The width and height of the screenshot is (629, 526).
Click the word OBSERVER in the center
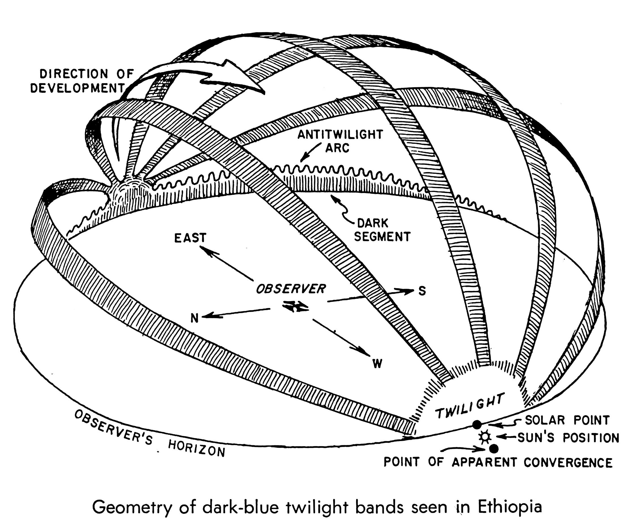[x=290, y=289]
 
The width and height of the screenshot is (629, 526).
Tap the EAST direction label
[x=191, y=238]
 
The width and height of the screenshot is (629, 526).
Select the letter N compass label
[x=195, y=318]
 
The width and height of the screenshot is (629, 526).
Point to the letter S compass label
[x=422, y=291]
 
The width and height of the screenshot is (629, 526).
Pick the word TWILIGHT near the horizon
[x=470, y=406]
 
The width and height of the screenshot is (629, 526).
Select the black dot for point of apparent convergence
[x=493, y=448]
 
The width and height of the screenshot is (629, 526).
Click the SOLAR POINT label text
[x=567, y=420]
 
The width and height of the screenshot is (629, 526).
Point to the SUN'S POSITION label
[x=568, y=438]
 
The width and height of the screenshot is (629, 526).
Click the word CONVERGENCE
[x=568, y=463]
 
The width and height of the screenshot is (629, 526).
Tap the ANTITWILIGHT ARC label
[x=340, y=141]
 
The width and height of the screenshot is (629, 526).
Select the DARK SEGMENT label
[x=382, y=230]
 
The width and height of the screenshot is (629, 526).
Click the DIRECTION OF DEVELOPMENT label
[x=82, y=81]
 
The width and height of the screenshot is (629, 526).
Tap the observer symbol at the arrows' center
[x=296, y=306]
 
